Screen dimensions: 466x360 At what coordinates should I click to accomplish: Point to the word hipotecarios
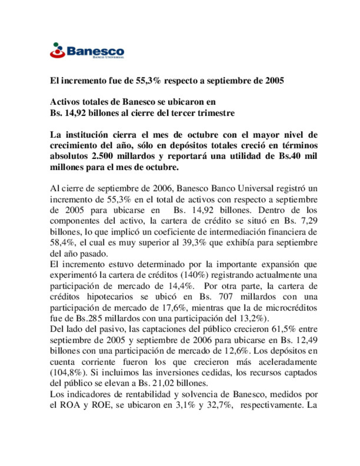pyautogui.click(x=110, y=297)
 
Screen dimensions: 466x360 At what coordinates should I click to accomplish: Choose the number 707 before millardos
pyautogui.click(x=226, y=297)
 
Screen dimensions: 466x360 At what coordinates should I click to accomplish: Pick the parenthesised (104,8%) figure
pyautogui.click(x=68, y=373)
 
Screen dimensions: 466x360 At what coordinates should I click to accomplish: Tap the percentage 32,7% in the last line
pyautogui.click(x=222, y=405)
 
